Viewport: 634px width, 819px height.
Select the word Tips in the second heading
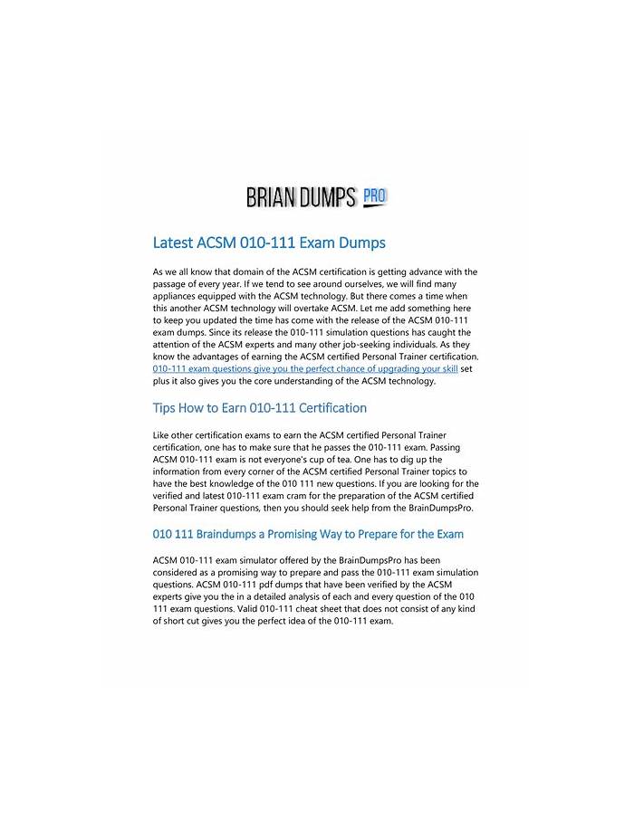[x=167, y=408]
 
